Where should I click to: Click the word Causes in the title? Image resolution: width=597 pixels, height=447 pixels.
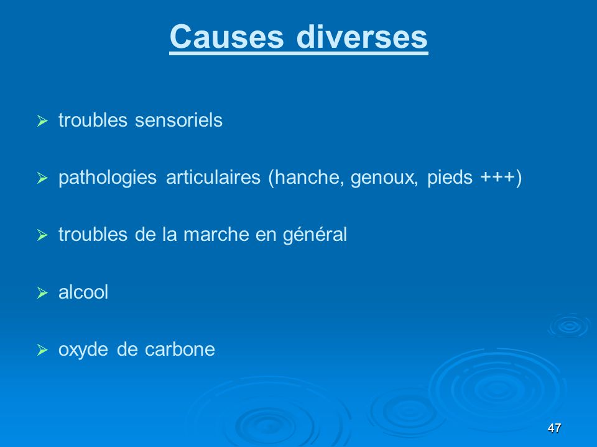click(x=226, y=37)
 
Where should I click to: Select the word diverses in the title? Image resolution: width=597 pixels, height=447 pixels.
click(x=362, y=37)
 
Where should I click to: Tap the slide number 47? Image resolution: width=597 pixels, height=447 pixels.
click(x=554, y=428)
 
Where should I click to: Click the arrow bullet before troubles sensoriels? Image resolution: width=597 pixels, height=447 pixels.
click(x=42, y=121)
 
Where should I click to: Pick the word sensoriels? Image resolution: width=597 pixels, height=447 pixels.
click(x=178, y=120)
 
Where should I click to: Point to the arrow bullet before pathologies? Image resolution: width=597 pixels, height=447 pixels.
click(x=42, y=178)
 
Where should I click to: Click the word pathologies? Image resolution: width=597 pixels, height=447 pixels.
click(x=108, y=178)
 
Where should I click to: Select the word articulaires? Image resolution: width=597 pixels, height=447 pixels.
click(x=213, y=177)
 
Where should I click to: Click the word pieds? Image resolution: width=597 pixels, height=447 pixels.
click(x=450, y=178)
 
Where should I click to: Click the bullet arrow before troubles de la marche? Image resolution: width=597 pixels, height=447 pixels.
click(x=42, y=235)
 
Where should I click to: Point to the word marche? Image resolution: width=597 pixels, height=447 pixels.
click(x=216, y=234)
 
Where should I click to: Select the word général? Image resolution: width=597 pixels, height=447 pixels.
click(x=315, y=235)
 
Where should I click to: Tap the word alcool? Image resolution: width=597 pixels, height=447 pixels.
click(x=83, y=292)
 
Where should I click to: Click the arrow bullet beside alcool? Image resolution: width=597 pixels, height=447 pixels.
click(x=42, y=293)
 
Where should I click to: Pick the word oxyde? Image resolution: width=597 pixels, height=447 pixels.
click(x=83, y=350)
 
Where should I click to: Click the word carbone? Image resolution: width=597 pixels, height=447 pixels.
click(x=180, y=349)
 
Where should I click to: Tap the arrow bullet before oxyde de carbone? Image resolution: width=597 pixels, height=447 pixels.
click(x=42, y=350)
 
